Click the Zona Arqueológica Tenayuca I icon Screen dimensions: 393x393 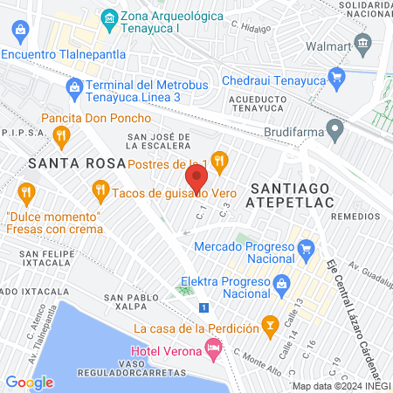pyautogui.click(x=108, y=17)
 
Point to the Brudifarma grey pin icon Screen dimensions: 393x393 pyautogui.click(x=334, y=133)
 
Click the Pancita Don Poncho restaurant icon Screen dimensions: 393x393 pyautogui.click(x=61, y=134)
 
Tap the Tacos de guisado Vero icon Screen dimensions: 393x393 pyautogui.click(x=100, y=190)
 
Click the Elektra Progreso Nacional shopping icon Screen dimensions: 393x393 pyautogui.click(x=281, y=284)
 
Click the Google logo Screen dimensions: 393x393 pyautogui.click(x=29, y=382)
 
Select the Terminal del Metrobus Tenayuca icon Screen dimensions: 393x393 pyautogui.click(x=75, y=86)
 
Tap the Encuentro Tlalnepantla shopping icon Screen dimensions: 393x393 pyautogui.click(x=19, y=34)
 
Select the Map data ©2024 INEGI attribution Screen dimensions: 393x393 pyautogui.click(x=341, y=386)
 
